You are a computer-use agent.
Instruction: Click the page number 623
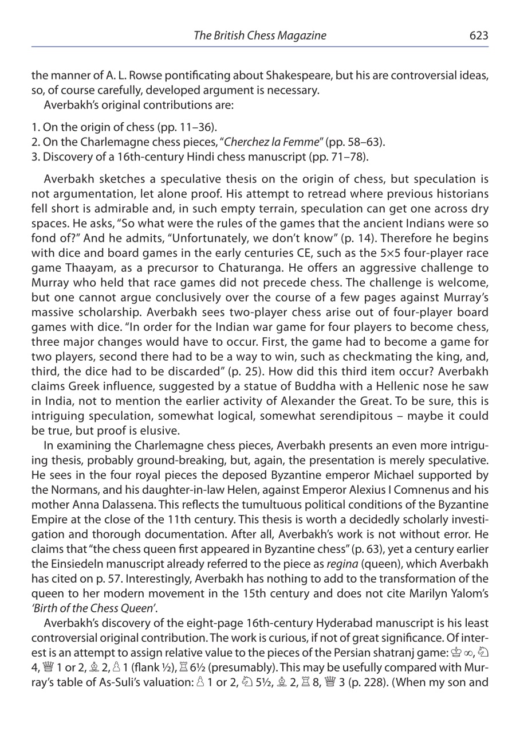(x=478, y=36)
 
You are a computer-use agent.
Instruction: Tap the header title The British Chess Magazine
(x=259, y=36)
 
